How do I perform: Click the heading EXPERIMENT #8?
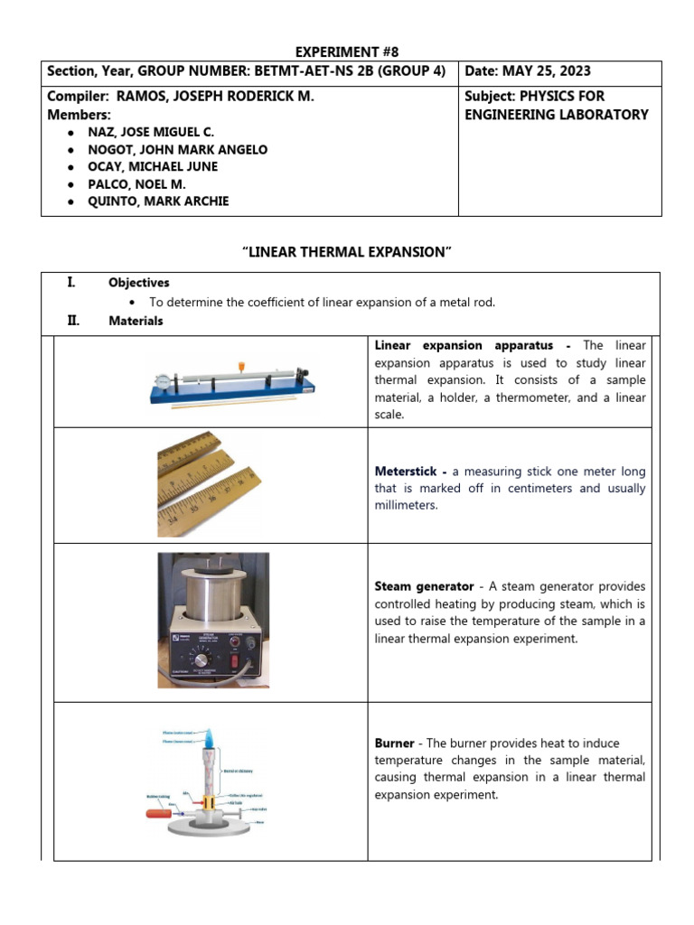click(347, 51)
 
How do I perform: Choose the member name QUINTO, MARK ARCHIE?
click(159, 201)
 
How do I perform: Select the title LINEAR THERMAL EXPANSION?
click(347, 252)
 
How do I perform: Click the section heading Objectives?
click(138, 283)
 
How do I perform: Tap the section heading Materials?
click(136, 321)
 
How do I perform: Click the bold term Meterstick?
click(409, 472)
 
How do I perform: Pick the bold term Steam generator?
click(423, 586)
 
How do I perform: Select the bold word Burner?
click(394, 743)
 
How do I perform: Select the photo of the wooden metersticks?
click(210, 485)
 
